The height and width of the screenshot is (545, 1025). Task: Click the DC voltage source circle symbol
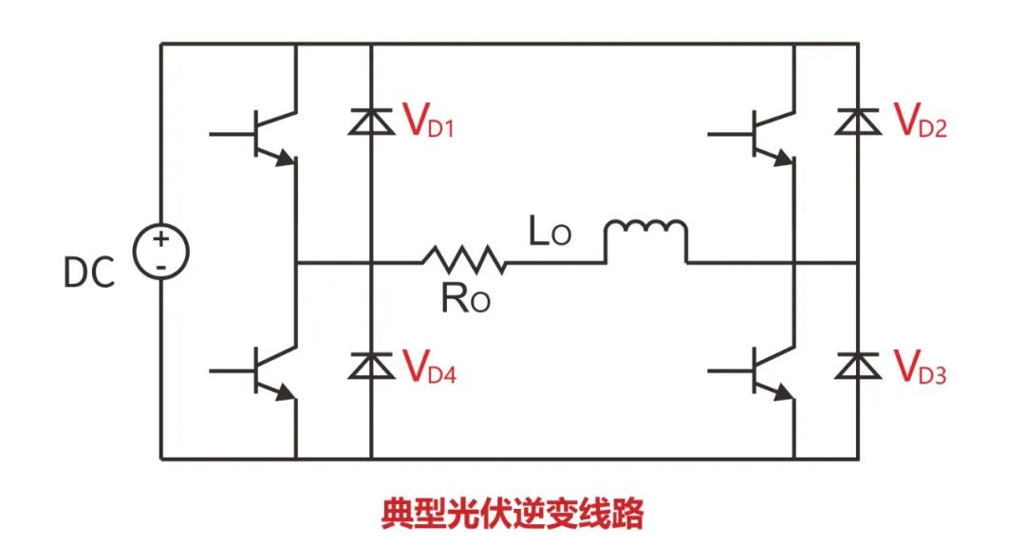click(x=160, y=252)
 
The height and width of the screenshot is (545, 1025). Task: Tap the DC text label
click(x=88, y=273)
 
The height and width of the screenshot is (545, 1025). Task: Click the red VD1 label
click(x=428, y=122)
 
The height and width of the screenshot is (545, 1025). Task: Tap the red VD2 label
click(x=920, y=122)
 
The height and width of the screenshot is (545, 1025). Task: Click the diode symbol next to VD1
click(x=369, y=121)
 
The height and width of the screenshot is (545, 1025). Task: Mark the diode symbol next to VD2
click(x=858, y=121)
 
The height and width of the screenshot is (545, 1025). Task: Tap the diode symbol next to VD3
click(x=858, y=366)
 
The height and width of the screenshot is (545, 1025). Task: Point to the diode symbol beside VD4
click(x=369, y=366)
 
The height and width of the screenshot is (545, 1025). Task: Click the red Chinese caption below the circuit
click(x=512, y=513)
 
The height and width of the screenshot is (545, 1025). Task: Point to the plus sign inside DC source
click(x=160, y=238)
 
